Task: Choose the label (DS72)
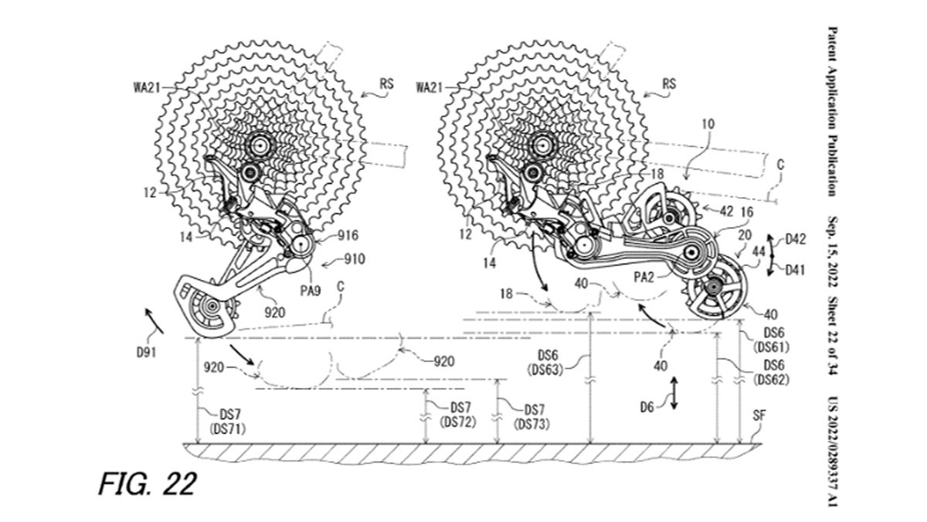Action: coord(458,421)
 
